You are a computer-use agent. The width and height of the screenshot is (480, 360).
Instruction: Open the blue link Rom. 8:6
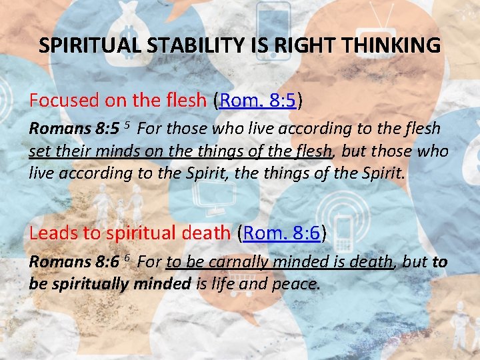[x=283, y=233]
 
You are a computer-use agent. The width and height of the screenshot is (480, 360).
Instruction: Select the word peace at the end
[x=296, y=285]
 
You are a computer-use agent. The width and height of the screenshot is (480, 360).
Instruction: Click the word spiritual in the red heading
[x=143, y=233]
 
